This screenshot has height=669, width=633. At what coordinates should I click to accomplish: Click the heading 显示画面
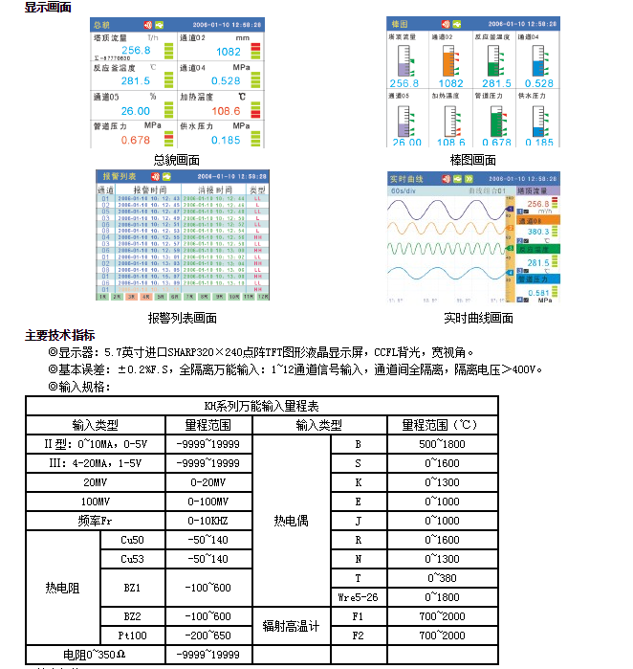click(x=47, y=7)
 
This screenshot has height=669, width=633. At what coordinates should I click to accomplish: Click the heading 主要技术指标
click(x=59, y=336)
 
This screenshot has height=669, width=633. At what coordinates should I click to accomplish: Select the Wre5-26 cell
click(x=358, y=597)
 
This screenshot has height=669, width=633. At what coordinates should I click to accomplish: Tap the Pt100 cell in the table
click(x=132, y=636)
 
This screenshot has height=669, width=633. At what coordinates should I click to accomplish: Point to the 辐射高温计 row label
click(x=292, y=626)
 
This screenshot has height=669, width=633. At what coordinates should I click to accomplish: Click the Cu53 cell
click(x=132, y=559)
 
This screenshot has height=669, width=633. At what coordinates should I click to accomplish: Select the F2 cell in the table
click(x=358, y=636)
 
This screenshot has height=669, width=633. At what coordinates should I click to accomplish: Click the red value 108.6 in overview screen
click(x=226, y=111)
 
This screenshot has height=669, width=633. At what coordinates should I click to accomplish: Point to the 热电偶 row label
click(x=292, y=521)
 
